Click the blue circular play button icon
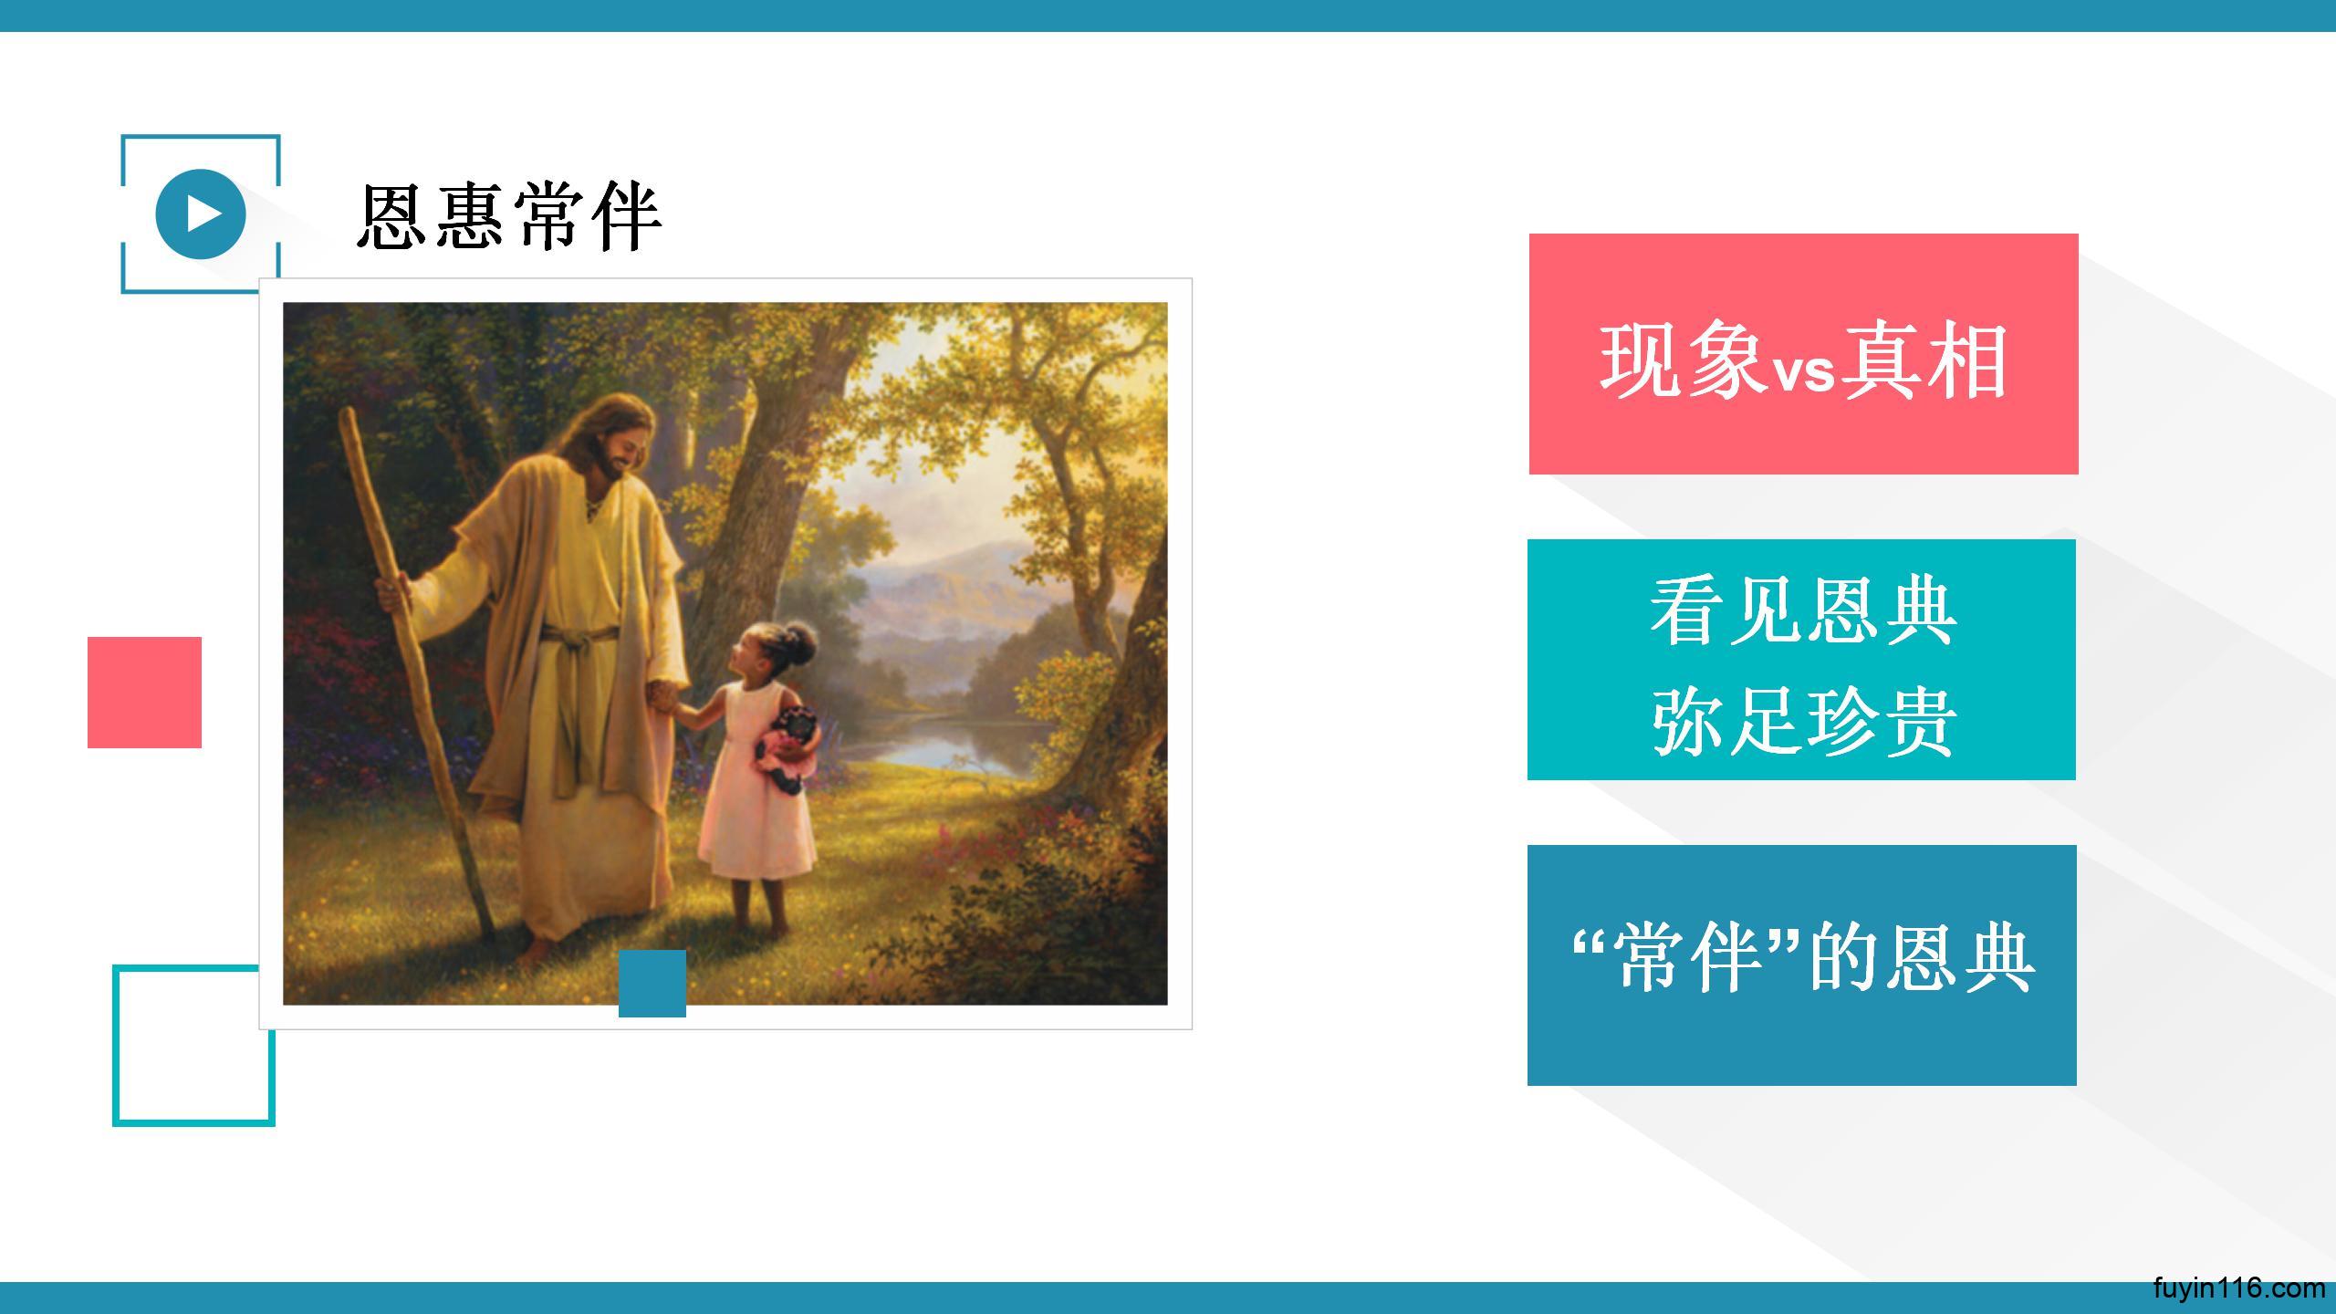[x=201, y=214]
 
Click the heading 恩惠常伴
[x=509, y=216]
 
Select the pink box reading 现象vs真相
[x=1803, y=354]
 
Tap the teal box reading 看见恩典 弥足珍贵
[x=1801, y=660]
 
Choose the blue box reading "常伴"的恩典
[x=1802, y=965]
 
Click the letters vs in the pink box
[x=1803, y=372]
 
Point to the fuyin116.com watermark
[x=2238, y=1288]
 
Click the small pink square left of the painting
[x=144, y=693]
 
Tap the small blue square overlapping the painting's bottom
[x=652, y=983]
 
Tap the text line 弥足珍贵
[x=1802, y=721]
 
